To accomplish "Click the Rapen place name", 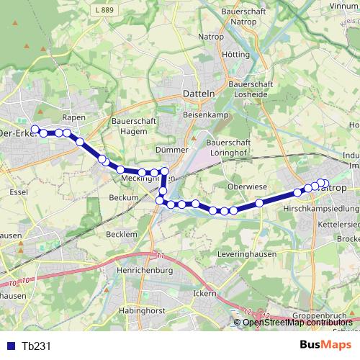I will pyautogui.click(x=74, y=117).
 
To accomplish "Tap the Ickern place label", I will pyautogui.click(x=205, y=292).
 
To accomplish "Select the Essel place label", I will pyautogui.click(x=18, y=192).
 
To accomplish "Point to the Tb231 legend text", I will pyautogui.click(x=37, y=346).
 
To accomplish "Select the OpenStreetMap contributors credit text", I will pyautogui.click(x=297, y=322).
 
